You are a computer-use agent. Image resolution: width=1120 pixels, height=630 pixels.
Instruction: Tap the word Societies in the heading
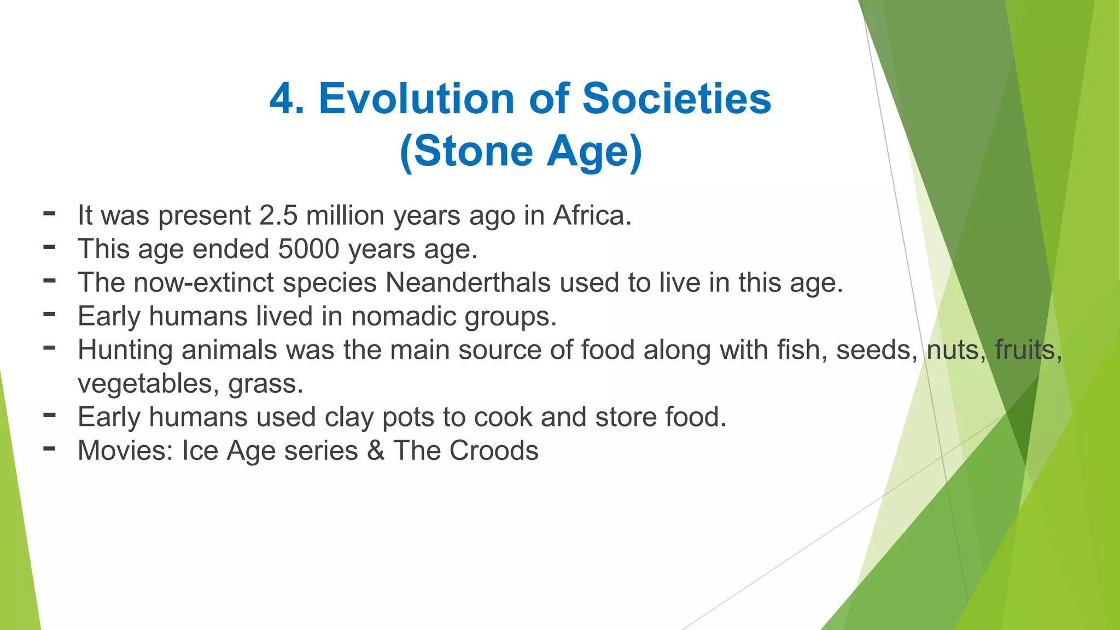[x=676, y=99]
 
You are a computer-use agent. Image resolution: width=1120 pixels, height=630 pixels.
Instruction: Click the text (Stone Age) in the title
[x=521, y=151]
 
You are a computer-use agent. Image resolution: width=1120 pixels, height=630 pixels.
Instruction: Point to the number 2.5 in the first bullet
[x=278, y=215]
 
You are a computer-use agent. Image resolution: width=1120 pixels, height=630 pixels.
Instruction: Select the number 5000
[x=309, y=249]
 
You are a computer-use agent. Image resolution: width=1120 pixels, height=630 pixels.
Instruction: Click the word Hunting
[x=125, y=350]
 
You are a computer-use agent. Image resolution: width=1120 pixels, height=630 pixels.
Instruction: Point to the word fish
[x=802, y=350]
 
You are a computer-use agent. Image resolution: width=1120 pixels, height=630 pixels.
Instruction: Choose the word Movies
[x=125, y=451]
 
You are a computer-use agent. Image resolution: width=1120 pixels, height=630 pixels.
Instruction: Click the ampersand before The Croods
[x=376, y=451]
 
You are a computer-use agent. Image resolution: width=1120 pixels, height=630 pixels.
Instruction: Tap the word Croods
[x=494, y=451]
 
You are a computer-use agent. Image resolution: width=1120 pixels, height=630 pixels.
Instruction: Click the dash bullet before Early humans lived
[x=49, y=314]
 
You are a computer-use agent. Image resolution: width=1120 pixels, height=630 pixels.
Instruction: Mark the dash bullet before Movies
[x=49, y=449]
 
